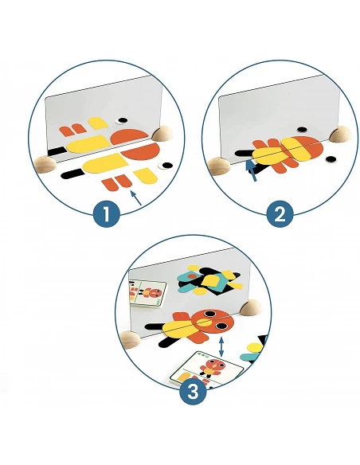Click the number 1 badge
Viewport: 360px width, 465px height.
[106, 214]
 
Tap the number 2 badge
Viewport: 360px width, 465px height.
[280, 214]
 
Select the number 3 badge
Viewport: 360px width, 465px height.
[193, 392]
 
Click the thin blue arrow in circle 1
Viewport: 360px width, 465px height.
[136, 197]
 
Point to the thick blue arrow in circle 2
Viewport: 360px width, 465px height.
[252, 170]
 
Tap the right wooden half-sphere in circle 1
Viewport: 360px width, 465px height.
[162, 132]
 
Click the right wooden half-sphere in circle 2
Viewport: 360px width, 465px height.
[340, 133]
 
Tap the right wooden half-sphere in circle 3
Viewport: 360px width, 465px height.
[251, 307]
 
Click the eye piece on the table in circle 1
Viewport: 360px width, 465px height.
[166, 166]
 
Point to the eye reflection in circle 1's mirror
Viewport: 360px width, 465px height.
[122, 120]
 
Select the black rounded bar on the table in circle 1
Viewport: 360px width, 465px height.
[72, 174]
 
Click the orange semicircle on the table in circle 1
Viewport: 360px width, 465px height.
[141, 151]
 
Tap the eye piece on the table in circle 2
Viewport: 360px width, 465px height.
[330, 159]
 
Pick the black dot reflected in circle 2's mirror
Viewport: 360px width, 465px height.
[302, 130]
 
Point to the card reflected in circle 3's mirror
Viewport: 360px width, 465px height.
[147, 294]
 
